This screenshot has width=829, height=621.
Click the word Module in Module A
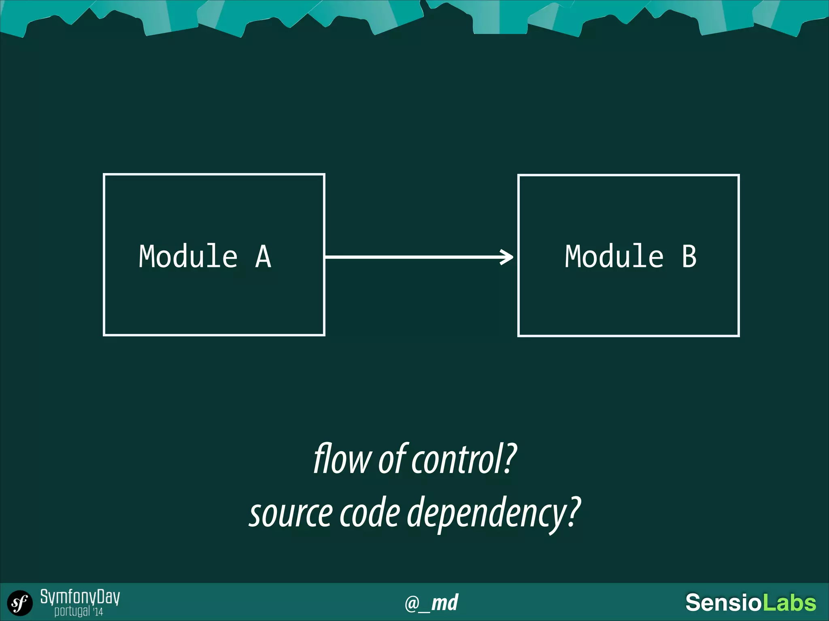(188, 256)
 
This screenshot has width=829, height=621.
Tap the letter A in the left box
(263, 256)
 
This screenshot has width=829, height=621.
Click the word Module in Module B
(614, 256)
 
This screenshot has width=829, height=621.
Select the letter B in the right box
(689, 256)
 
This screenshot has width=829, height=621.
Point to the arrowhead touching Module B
(507, 257)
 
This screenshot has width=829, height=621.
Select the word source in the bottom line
(291, 513)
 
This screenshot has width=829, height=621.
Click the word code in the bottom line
(370, 513)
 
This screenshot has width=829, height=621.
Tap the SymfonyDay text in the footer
(80, 597)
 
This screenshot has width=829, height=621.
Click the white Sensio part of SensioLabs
(723, 603)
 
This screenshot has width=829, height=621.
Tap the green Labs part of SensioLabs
(789, 603)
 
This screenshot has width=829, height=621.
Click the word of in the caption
(392, 459)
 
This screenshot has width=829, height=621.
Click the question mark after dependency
(574, 512)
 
